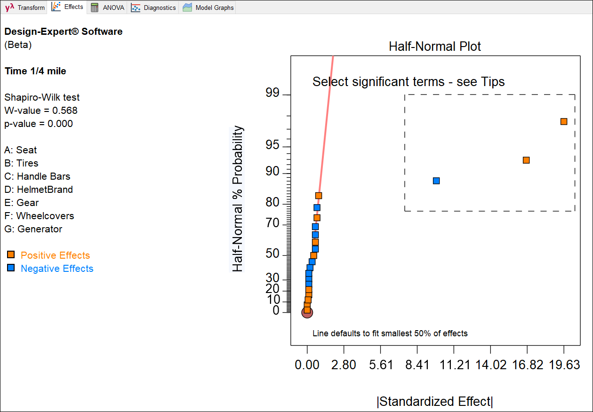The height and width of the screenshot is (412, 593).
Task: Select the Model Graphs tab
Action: point(208,8)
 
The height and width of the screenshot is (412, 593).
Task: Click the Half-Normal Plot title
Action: point(434,47)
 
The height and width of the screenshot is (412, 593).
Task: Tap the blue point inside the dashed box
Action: point(436,181)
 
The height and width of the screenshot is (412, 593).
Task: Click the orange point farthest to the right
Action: point(564,121)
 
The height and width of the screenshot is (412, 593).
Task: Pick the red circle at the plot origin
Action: point(307,312)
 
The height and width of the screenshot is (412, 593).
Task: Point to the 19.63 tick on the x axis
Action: point(564,365)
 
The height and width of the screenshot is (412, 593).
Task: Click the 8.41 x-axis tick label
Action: point(417,365)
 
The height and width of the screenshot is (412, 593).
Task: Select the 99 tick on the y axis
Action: point(272,94)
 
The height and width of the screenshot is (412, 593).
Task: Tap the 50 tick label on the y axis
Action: point(272,254)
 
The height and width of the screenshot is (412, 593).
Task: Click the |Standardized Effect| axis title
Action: point(434,402)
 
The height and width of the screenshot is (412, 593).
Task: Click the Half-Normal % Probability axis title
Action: point(238,199)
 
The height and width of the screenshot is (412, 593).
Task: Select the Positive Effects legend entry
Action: point(55,255)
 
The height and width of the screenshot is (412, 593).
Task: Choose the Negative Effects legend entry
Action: point(57,269)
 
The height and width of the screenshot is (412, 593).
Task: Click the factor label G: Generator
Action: point(33,229)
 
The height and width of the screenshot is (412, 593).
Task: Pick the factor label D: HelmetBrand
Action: point(39,190)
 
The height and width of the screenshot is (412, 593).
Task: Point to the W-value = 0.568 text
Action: point(41,111)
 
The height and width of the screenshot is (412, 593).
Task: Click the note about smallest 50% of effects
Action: point(390,333)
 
